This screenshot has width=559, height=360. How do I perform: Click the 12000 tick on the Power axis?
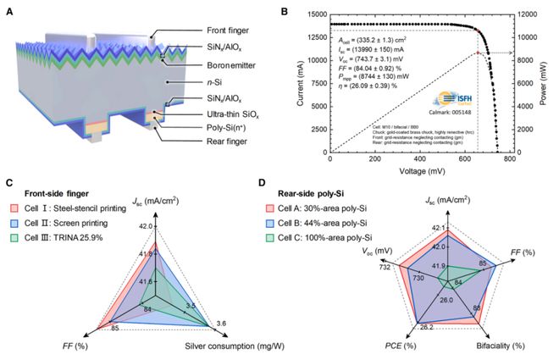click(528, 14)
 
